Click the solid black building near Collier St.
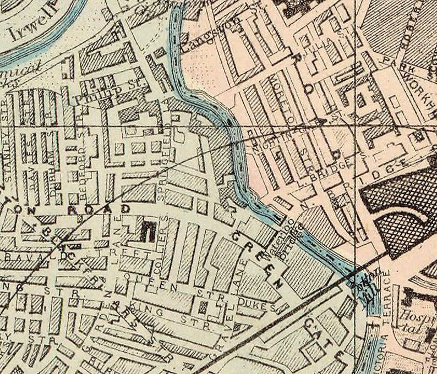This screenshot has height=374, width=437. [147, 231]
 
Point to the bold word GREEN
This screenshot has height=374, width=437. [259, 259]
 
